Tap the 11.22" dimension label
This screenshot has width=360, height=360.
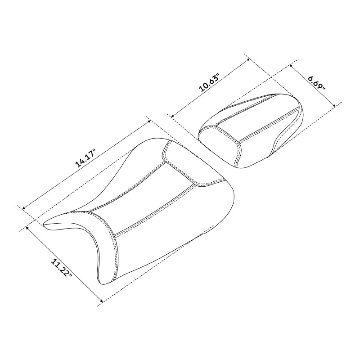[x=61, y=268]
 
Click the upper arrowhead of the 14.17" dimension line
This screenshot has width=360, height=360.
[x=149, y=121]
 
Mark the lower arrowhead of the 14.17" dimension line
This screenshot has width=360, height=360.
[x=23, y=208]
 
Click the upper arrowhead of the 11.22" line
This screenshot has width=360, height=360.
[x=27, y=228]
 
